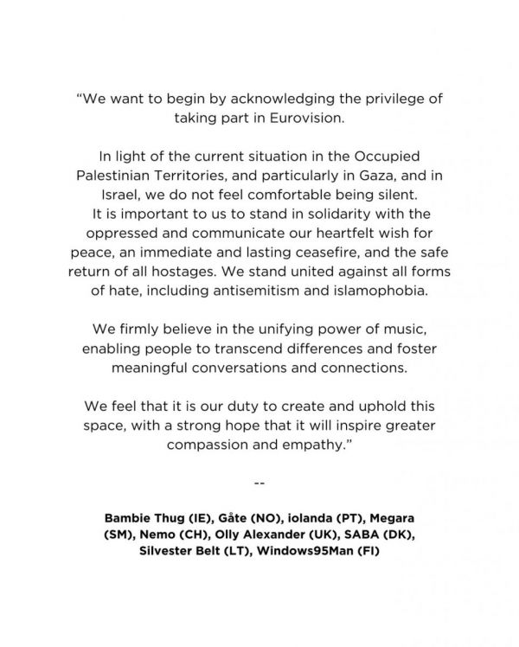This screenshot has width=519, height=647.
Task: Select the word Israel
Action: click(x=126, y=197)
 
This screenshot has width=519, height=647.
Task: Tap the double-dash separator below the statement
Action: click(x=259, y=482)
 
